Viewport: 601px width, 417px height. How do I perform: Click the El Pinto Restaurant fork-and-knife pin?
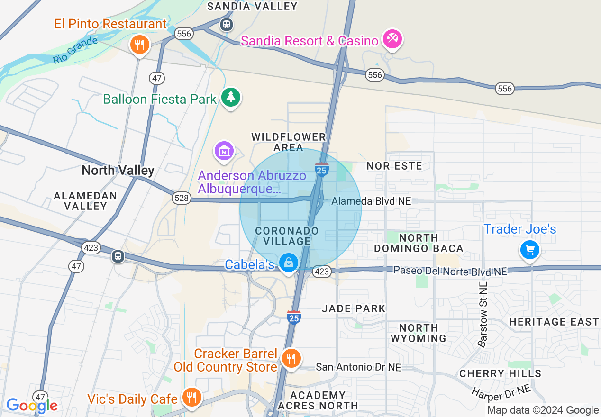(x=139, y=45)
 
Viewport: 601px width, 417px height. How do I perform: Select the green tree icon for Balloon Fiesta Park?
(x=231, y=97)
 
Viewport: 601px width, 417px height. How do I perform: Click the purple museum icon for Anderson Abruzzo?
(x=224, y=151)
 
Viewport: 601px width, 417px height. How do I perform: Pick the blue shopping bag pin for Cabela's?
(x=288, y=262)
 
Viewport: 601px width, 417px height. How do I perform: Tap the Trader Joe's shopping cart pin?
(x=529, y=249)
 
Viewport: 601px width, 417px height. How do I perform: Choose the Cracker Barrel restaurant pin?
(x=291, y=358)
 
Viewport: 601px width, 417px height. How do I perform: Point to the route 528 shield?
(x=182, y=198)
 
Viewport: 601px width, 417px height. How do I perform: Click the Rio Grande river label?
(x=75, y=51)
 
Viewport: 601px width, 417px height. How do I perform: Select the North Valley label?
(x=118, y=171)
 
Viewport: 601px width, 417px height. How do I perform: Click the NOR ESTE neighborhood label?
(x=394, y=166)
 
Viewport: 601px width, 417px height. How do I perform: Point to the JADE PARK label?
(x=354, y=308)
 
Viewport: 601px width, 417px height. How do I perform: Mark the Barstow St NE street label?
(x=483, y=315)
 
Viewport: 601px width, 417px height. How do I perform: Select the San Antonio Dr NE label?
(x=358, y=367)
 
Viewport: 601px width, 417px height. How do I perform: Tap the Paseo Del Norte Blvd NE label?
(x=450, y=271)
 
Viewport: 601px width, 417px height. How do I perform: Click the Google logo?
(x=32, y=406)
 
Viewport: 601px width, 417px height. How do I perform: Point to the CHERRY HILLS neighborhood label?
(x=500, y=373)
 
